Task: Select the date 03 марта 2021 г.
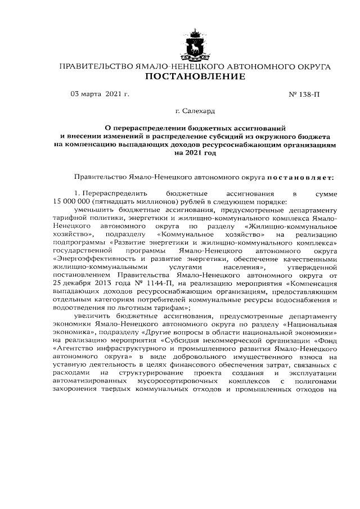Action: [100, 93]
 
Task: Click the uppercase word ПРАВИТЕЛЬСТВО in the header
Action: [96, 66]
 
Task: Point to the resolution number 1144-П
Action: [165, 283]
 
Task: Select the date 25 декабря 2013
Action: [84, 283]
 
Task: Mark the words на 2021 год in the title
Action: [195, 152]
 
